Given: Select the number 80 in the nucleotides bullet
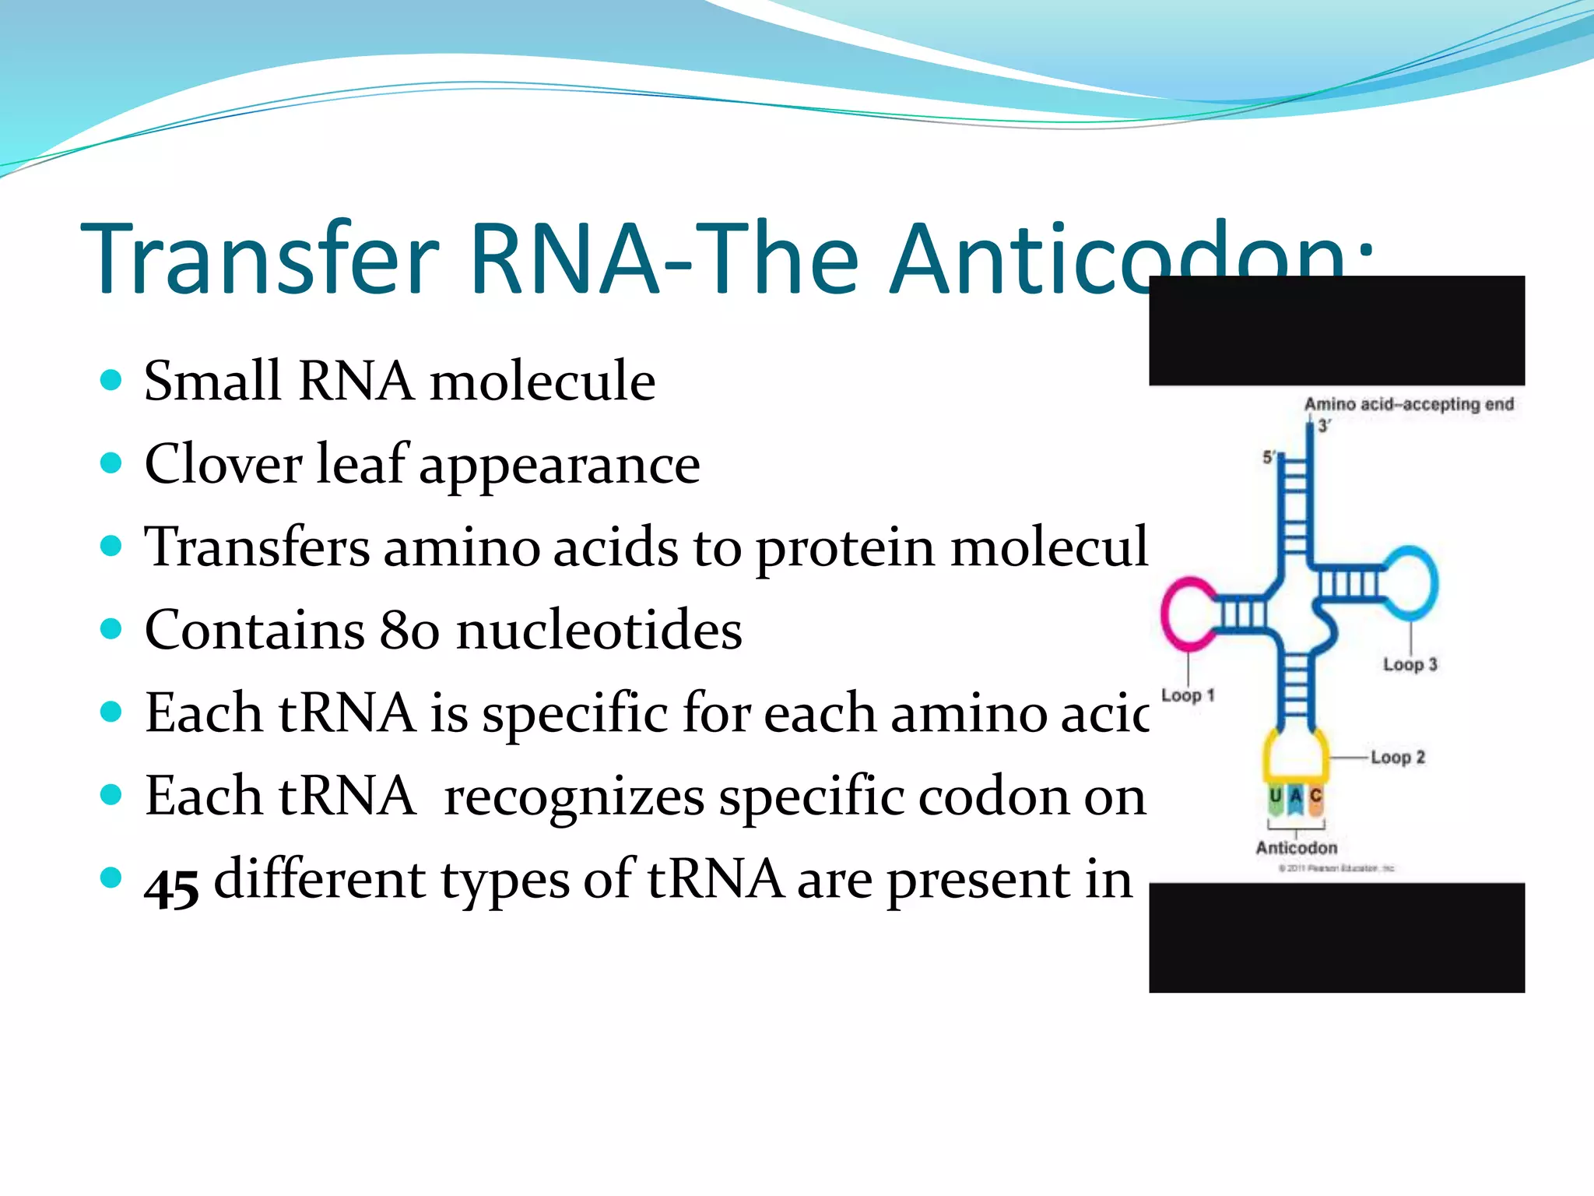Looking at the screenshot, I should pyautogui.click(x=409, y=630).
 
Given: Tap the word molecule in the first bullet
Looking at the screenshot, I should pyautogui.click(x=542, y=382).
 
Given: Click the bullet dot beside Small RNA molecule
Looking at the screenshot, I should pyautogui.click(x=112, y=381).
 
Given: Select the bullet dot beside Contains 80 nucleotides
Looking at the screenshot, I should pyautogui.click(x=112, y=628).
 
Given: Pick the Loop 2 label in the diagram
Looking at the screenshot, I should pyautogui.click(x=1398, y=757).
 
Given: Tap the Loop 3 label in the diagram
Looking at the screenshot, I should pyautogui.click(x=1410, y=664).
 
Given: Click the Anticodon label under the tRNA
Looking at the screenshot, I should pyautogui.click(x=1297, y=848).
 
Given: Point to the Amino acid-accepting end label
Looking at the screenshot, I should pyautogui.click(x=1409, y=404).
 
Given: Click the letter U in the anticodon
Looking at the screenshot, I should pyautogui.click(x=1275, y=796).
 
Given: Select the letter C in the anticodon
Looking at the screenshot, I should pyautogui.click(x=1316, y=796).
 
